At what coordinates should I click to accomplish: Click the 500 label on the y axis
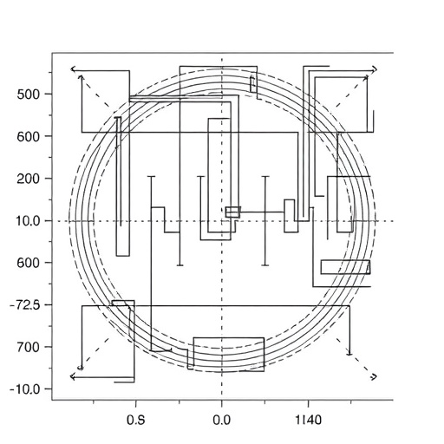28,95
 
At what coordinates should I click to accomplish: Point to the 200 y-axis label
28,180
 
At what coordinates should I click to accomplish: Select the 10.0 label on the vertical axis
26,221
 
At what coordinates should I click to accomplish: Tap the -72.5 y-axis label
24,305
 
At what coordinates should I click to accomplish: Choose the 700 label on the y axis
28,347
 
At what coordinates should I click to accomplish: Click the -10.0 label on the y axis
24,389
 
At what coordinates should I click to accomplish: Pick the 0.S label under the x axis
136,420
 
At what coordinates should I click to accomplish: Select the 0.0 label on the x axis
222,420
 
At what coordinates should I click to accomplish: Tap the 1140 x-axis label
308,420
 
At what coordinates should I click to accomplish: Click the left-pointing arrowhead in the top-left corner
74,69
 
